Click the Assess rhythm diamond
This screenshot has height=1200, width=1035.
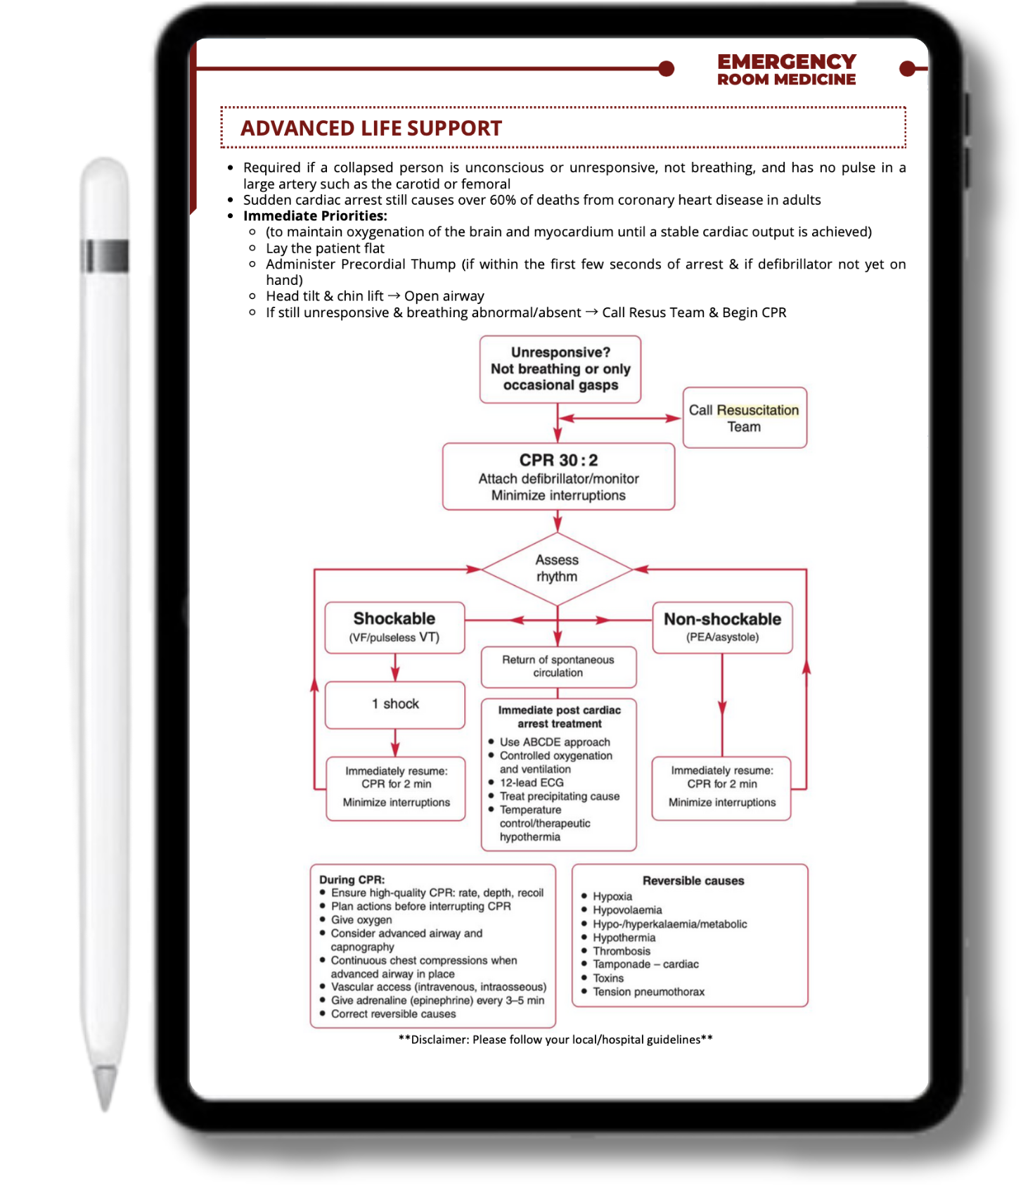557,568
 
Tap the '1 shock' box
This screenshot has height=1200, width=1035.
395,704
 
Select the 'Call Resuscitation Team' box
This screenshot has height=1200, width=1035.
744,418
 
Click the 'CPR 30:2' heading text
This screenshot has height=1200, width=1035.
558,460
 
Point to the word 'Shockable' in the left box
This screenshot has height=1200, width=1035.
394,618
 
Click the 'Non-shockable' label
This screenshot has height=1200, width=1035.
722,619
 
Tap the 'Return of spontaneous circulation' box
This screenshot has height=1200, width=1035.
558,666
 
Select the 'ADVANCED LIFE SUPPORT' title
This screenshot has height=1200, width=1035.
371,128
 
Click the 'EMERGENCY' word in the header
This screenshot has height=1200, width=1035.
786,62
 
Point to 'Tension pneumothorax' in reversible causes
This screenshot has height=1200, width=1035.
648,992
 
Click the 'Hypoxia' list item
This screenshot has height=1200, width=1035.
612,896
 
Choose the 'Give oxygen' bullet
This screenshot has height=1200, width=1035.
361,920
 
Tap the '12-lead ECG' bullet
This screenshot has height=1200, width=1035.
532,782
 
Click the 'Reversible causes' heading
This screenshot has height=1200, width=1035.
693,881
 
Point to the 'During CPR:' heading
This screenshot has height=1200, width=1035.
352,879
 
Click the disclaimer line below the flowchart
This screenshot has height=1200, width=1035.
555,1040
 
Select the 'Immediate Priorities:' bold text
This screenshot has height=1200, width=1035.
315,216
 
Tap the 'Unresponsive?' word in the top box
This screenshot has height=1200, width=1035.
560,352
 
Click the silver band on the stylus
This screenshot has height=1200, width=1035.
105,256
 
